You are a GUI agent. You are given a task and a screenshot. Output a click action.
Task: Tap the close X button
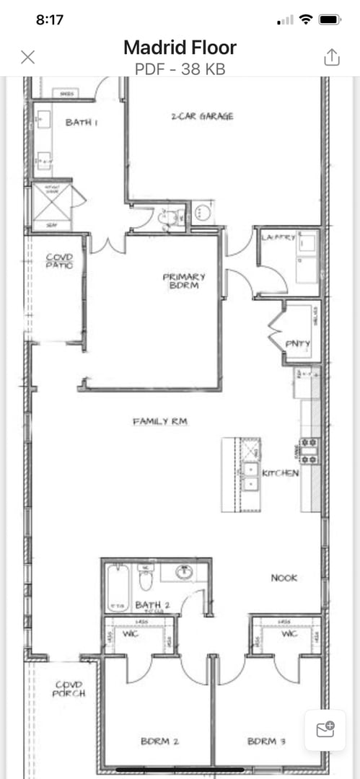(x=28, y=57)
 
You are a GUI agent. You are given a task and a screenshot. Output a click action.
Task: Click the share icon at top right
(x=331, y=57)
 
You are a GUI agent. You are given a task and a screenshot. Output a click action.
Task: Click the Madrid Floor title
(x=180, y=48)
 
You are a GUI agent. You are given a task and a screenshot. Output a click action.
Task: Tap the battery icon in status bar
(x=330, y=19)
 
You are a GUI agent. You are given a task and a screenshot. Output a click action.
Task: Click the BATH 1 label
(x=82, y=123)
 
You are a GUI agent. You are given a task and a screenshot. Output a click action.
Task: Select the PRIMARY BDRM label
(x=184, y=281)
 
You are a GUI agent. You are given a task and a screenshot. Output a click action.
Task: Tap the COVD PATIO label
(x=59, y=260)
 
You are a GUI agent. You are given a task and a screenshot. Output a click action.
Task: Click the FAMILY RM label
(x=160, y=421)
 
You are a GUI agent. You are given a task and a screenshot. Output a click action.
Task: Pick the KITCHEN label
(x=281, y=473)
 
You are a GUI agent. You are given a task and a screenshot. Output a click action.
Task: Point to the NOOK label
(x=284, y=578)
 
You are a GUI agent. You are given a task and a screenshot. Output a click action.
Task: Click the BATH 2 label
(x=152, y=604)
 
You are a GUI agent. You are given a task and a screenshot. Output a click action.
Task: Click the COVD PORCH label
(x=69, y=689)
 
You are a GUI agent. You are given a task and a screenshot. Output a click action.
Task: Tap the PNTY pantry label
(x=297, y=344)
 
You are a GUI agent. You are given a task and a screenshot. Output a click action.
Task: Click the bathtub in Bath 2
(x=117, y=586)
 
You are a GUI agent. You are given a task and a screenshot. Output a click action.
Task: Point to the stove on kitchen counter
(x=309, y=451)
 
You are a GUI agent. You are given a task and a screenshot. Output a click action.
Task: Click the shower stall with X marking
(x=53, y=206)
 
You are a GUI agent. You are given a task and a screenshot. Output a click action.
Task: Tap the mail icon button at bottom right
(x=325, y=730)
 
